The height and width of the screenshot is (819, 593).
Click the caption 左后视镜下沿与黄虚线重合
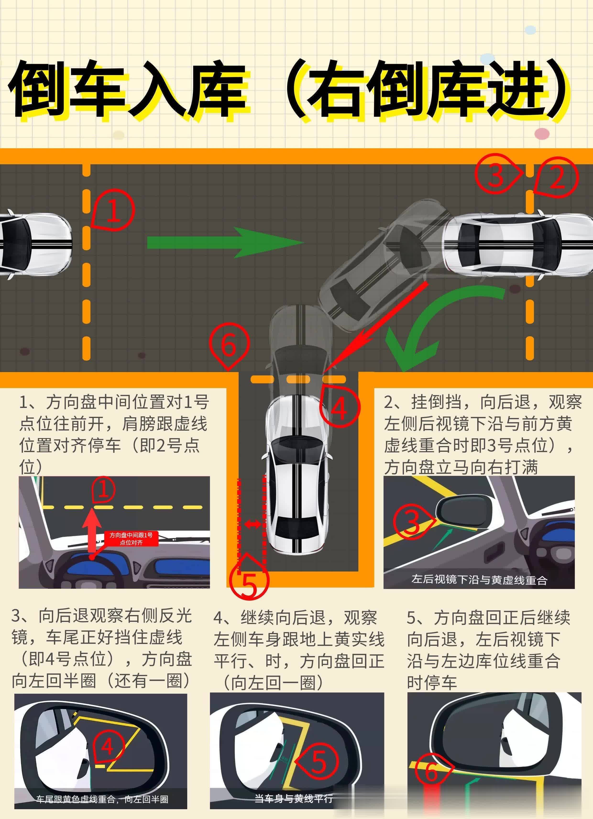tap(479, 580)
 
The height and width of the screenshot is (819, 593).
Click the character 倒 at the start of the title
tap(42, 90)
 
